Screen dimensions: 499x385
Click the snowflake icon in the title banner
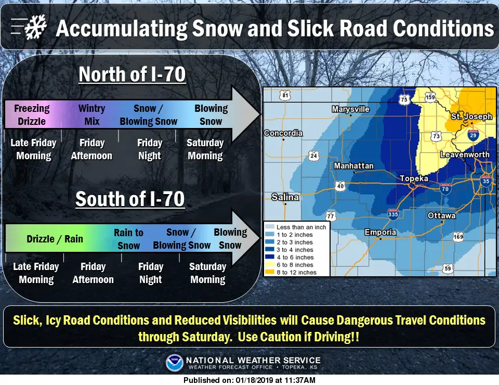click(x=36, y=28)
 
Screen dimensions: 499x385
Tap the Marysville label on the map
click(x=351, y=109)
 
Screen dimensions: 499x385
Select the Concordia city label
click(x=283, y=133)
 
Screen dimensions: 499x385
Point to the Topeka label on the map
click(x=414, y=178)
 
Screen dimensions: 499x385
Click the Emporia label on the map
click(x=380, y=232)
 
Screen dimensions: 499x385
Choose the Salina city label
click(x=285, y=197)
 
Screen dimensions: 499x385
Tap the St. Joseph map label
click(x=471, y=116)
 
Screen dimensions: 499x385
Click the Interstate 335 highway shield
click(x=393, y=214)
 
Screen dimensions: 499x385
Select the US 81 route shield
click(x=285, y=95)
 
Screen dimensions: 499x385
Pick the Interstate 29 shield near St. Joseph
click(x=473, y=135)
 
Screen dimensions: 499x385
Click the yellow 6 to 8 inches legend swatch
click(x=270, y=265)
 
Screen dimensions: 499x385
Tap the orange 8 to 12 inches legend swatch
click(x=270, y=272)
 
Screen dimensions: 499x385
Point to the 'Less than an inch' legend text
click(x=301, y=227)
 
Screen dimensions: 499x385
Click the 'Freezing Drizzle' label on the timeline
click(x=32, y=114)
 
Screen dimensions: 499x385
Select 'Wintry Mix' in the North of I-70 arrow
click(x=91, y=114)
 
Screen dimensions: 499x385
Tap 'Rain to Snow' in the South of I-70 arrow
click(x=128, y=239)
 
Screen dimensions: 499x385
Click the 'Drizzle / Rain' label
click(x=55, y=239)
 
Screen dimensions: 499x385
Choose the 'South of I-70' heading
click(x=130, y=199)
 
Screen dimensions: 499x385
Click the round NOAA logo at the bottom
click(x=175, y=363)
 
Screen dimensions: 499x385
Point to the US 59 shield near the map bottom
click(x=448, y=268)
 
